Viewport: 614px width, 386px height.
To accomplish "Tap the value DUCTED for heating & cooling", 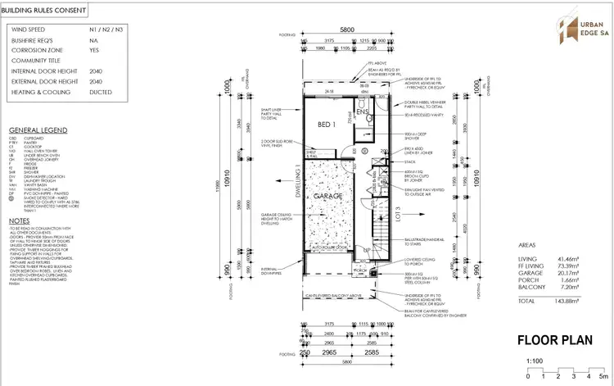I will pyautogui.click(x=101, y=93).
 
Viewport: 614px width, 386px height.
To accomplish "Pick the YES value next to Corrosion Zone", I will pyautogui.click(x=95, y=51).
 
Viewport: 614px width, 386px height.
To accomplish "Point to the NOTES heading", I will pyautogui.click(x=20, y=220).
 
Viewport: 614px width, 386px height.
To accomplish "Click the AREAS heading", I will pyautogui.click(x=531, y=245).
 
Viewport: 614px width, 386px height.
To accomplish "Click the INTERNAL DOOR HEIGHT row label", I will pyautogui.click(x=41, y=71).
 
